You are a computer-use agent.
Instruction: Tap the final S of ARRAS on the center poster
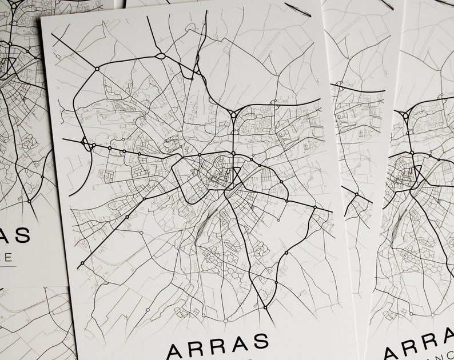pyautogui.click(x=259, y=341)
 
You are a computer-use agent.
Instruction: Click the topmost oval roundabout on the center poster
pyautogui.click(x=160, y=56)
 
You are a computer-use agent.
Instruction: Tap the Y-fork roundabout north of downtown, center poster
pyautogui.click(x=233, y=114)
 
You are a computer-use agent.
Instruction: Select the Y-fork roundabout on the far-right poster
pyautogui.click(x=405, y=115)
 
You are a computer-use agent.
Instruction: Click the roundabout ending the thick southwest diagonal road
pyautogui.click(x=82, y=263)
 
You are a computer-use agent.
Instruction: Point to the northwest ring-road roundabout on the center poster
pyautogui.click(x=97, y=69)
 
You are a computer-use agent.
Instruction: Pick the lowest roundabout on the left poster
pyautogui.click(x=29, y=201)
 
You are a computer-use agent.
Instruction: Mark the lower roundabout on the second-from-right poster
pyautogui.click(x=356, y=194)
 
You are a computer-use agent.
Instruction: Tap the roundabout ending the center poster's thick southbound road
pyautogui.click(x=265, y=307)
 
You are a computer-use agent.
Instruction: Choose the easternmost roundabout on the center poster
pyautogui.click(x=314, y=207)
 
